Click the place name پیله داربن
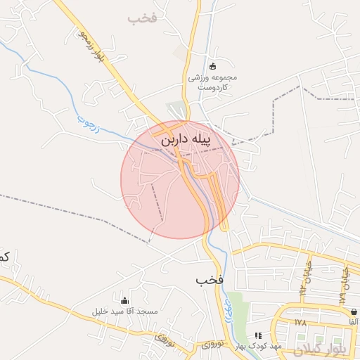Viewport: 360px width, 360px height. pyautogui.click(x=181, y=140)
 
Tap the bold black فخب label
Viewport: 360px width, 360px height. pyautogui.click(x=210, y=280)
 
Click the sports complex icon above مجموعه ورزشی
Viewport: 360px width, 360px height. pyautogui.click(x=212, y=66)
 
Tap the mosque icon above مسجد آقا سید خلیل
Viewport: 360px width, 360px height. pyautogui.click(x=125, y=300)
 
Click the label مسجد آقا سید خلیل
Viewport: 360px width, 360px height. pyautogui.click(x=125, y=311)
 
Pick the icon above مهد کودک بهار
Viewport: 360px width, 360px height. pyautogui.click(x=257, y=335)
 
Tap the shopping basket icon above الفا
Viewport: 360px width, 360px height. pyautogui.click(x=353, y=311)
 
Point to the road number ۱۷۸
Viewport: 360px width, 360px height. pyautogui.click(x=302, y=323)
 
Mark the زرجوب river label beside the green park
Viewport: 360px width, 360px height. pyautogui.click(x=228, y=302)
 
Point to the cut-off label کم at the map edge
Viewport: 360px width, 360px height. pyautogui.click(x=4, y=257)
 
